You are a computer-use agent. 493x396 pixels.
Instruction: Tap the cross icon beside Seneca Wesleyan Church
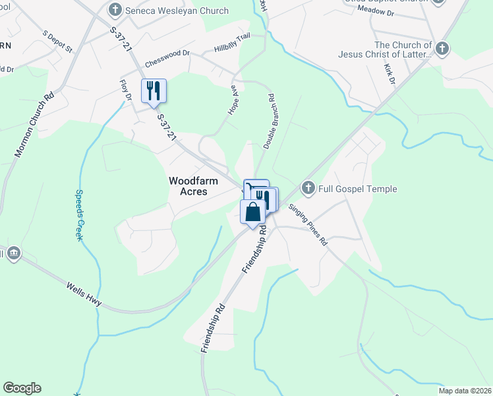point(116,10)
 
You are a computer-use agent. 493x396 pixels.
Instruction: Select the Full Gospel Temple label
point(359,189)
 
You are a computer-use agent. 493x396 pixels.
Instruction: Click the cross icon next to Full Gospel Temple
point(308,189)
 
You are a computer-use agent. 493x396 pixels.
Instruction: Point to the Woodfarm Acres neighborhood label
point(188,185)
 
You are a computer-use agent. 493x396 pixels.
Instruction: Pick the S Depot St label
point(57,41)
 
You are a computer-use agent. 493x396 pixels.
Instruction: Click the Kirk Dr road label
point(390,74)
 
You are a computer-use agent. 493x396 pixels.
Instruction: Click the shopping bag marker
point(252,213)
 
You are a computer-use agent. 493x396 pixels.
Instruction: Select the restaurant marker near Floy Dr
point(154,91)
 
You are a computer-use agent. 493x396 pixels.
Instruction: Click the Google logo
point(22,388)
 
